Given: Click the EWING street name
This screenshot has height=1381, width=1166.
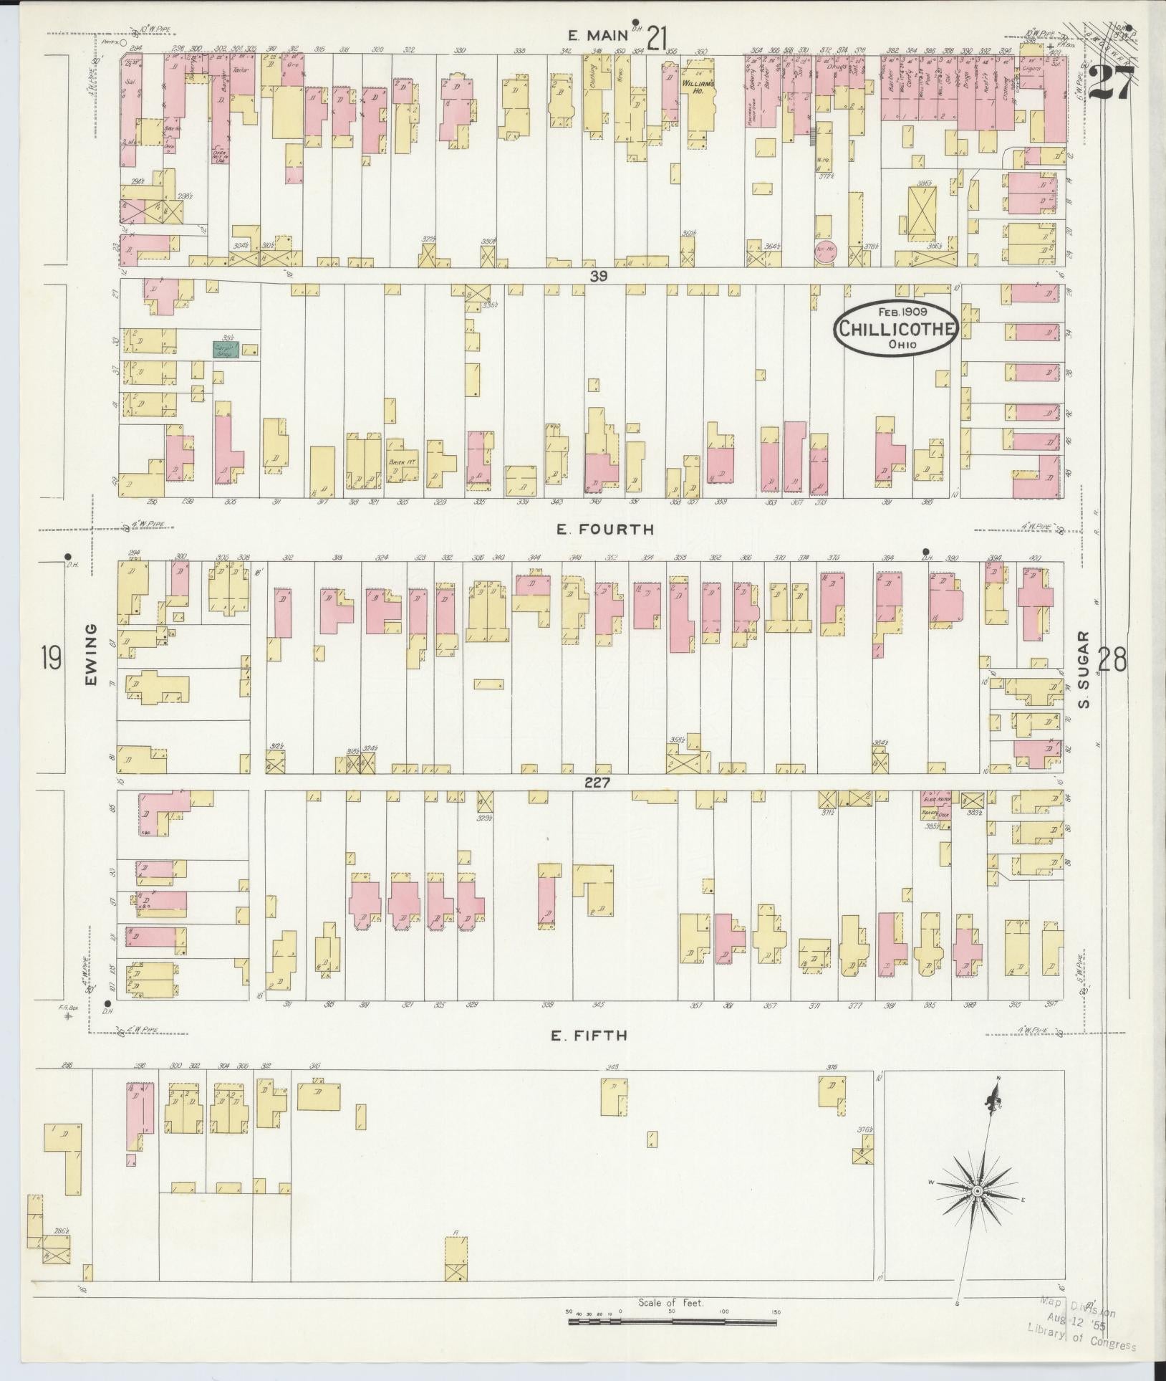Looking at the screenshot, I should click(x=92, y=664).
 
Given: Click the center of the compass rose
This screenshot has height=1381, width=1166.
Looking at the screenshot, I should click(x=976, y=1190).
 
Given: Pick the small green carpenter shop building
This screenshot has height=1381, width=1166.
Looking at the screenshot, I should click(x=225, y=349).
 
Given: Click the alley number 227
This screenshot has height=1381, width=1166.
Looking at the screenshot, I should click(x=596, y=783).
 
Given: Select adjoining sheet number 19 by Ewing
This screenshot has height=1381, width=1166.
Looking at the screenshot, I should click(x=50, y=656).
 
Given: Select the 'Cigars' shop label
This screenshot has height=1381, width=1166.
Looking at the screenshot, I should click(x=1030, y=71).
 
